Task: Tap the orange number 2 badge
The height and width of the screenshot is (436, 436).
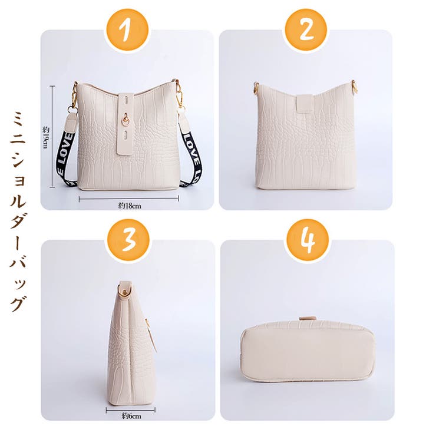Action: pyautogui.click(x=306, y=30)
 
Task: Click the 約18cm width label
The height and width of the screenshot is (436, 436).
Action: pyautogui.click(x=128, y=206)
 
